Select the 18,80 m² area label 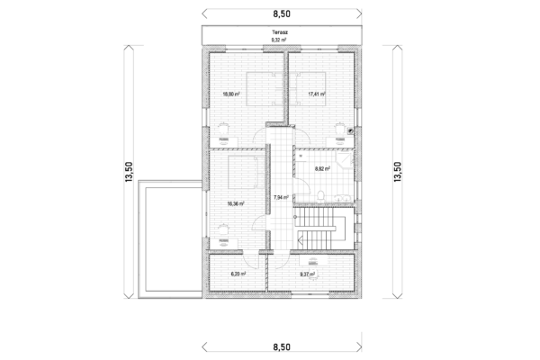point(231,94)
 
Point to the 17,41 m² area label point(316,94)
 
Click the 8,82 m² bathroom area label point(322,167)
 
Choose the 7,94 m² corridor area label point(280,196)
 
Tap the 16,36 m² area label point(236,203)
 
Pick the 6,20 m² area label point(238,274)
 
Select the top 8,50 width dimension point(281,13)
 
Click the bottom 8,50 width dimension point(281,346)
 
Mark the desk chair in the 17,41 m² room point(338,128)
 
